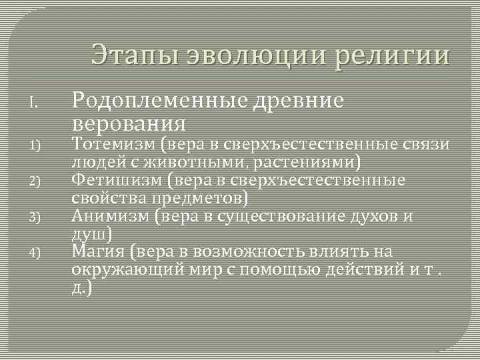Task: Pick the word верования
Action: [x=128, y=124]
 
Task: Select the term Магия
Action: [x=98, y=251]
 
